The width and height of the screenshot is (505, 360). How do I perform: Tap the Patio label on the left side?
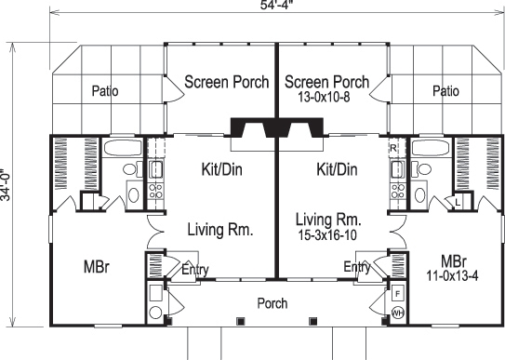pos(110,91)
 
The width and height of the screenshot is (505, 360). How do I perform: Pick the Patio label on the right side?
pos(445,91)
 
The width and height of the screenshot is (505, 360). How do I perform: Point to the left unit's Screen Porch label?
pos(226,82)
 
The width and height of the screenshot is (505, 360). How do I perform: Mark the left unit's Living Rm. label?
pos(221,229)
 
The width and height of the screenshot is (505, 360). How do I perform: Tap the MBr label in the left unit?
pos(96,266)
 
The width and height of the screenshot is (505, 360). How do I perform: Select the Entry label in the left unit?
pos(194,270)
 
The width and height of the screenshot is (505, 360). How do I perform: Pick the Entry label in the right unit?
pos(358,268)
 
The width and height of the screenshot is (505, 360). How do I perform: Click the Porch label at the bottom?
pos(272,303)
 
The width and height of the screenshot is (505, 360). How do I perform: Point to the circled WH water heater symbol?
pos(397,313)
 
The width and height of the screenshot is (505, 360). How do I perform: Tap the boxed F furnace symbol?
pos(397,290)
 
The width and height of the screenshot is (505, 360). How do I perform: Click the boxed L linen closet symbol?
pos(459,202)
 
